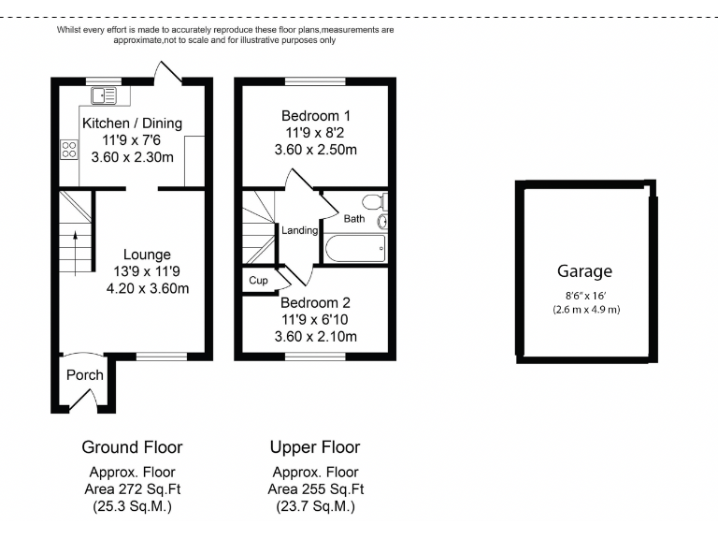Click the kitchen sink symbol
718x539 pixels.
(x=104, y=95)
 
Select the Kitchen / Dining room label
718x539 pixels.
(x=132, y=124)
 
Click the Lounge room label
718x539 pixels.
(x=147, y=255)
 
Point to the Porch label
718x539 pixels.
(x=84, y=375)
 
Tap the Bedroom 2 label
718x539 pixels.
(x=315, y=303)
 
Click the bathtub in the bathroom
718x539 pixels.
(x=354, y=248)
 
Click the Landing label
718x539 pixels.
(x=300, y=230)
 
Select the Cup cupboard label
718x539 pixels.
(x=258, y=280)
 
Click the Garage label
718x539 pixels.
(x=585, y=271)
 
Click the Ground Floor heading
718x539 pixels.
(x=132, y=447)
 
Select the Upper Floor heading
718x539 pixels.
(x=315, y=447)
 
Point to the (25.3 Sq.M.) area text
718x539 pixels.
(x=132, y=506)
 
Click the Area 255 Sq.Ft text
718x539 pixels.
(x=315, y=489)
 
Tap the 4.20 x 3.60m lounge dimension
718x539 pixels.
(x=147, y=288)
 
